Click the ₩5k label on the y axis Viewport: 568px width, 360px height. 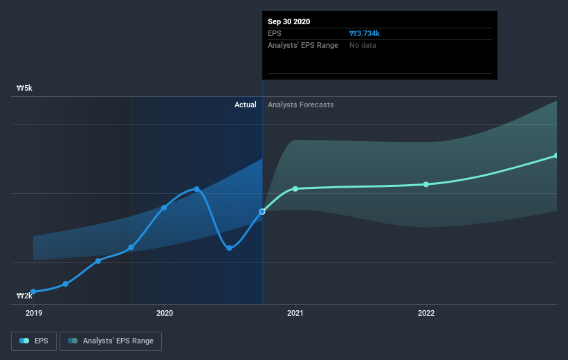(25, 89)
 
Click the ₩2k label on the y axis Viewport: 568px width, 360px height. (25, 296)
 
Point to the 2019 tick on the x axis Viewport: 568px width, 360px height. (33, 313)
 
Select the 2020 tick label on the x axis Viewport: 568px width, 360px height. (165, 313)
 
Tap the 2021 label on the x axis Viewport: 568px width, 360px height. (295, 313)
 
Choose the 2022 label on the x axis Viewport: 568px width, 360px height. (426, 313)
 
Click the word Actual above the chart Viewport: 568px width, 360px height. (245, 105)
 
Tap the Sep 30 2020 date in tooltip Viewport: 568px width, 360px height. (289, 21)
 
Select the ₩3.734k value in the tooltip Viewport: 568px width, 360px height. (365, 33)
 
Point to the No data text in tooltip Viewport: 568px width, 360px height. (363, 45)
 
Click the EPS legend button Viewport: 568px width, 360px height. (34, 341)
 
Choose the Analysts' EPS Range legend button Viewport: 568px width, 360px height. (111, 341)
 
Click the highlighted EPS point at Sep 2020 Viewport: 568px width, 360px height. (262, 211)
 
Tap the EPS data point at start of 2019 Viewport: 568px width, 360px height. (33, 292)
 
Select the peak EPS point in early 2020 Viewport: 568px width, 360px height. (197, 189)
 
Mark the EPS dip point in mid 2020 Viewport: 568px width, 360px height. (229, 248)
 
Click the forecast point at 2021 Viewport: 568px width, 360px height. (295, 189)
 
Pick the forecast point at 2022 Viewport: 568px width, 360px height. (426, 184)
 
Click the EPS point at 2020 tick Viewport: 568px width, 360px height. (165, 208)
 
